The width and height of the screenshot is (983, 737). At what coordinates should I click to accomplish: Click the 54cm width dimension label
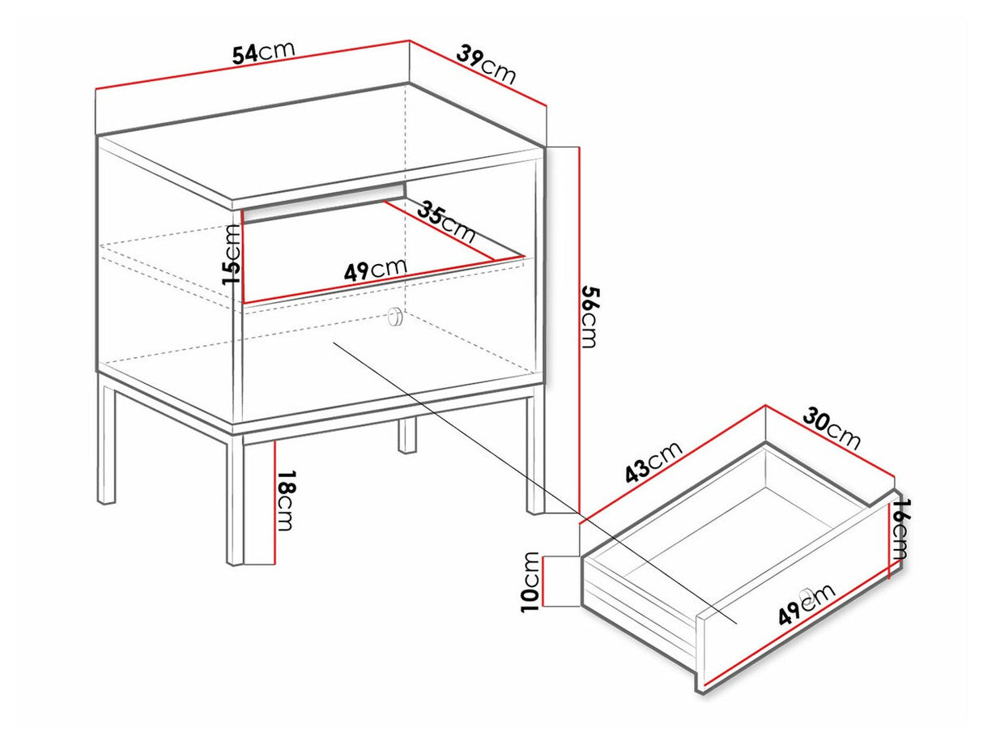coord(263,53)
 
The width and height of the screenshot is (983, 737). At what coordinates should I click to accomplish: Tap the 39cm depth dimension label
coord(486,64)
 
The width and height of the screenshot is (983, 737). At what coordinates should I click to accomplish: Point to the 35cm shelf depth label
coord(445,223)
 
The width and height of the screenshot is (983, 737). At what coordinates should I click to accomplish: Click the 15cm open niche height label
coord(232,254)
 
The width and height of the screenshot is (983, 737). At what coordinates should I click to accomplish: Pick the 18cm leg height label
coord(287,501)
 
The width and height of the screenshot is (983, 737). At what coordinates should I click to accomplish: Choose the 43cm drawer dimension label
coord(653,462)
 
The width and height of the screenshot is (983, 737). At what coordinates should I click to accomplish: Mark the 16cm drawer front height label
coord(897,529)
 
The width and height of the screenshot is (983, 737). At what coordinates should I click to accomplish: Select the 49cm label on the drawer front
coord(806,604)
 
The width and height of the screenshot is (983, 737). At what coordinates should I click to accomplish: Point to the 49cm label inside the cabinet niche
coord(375,270)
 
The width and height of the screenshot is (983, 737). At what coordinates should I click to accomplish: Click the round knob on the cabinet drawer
coord(395,316)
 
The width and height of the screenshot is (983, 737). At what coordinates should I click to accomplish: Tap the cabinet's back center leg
coord(406,435)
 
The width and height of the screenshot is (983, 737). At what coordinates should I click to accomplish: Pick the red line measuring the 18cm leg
coord(274,503)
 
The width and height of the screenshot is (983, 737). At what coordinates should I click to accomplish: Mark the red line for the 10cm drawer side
coord(543,582)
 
